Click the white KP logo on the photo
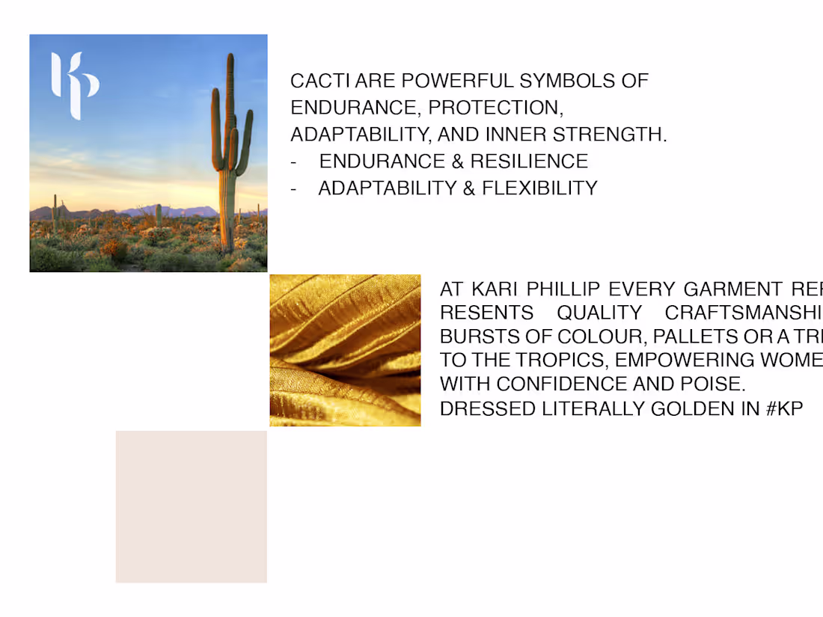[x=74, y=85]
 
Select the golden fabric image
[x=345, y=350]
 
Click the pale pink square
[x=191, y=506]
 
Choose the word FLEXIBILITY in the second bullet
[x=539, y=188]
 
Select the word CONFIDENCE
[x=569, y=384]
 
